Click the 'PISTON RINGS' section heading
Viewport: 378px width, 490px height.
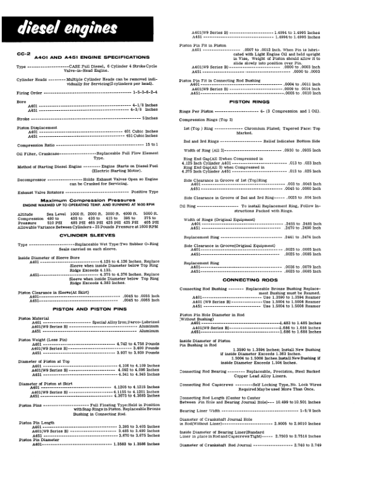click(x=264, y=101)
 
